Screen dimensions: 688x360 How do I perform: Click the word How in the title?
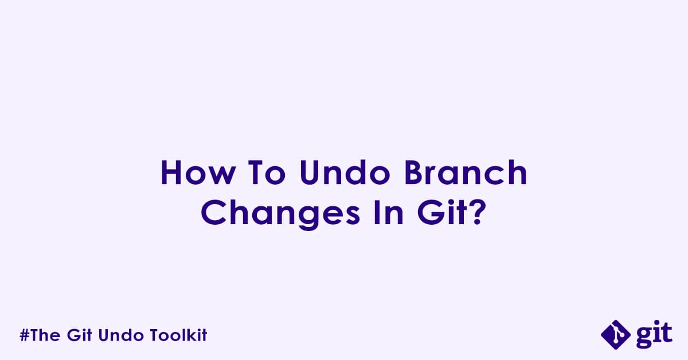pos(198,173)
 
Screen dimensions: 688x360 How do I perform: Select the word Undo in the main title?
pos(345,173)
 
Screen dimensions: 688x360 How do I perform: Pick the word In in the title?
pos(389,213)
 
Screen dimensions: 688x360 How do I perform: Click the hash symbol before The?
pos(24,335)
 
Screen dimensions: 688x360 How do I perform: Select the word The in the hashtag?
pos(45,335)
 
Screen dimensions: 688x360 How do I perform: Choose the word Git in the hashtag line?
pos(80,335)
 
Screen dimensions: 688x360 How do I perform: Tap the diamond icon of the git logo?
pos(616,335)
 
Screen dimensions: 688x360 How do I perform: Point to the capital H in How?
pos(171,173)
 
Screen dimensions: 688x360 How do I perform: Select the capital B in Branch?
pos(413,173)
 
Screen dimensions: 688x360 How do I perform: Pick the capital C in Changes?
pos(212,213)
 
